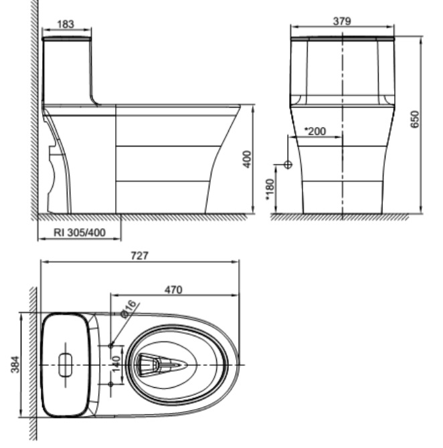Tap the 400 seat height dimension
(247, 159)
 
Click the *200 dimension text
(315, 131)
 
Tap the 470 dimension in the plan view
(174, 289)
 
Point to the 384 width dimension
(16, 364)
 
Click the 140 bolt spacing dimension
(115, 364)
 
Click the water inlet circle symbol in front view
(288, 164)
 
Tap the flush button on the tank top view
(66, 364)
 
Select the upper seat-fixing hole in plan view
(111, 345)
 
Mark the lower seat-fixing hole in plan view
(111, 384)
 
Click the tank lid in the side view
(66, 39)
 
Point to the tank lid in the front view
(342, 38)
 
